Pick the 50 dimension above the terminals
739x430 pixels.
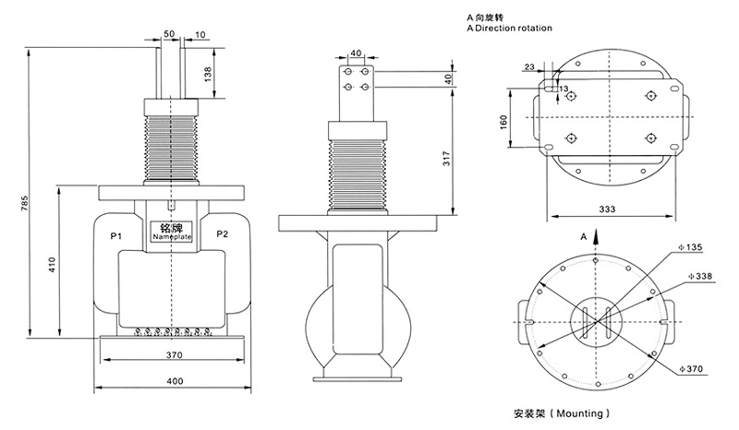(x=169, y=33)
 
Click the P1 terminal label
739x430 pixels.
(x=116, y=235)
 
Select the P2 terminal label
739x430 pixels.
(x=222, y=235)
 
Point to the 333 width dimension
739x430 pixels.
(x=607, y=210)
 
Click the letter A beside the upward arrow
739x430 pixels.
(x=583, y=237)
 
